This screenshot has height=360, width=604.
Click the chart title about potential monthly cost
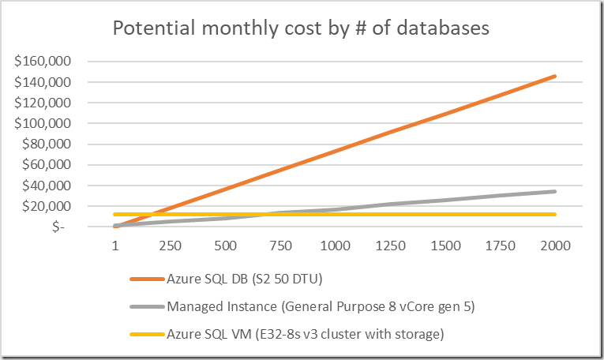tap(301, 28)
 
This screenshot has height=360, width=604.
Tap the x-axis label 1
tap(115, 246)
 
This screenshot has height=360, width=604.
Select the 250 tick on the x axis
tap(170, 246)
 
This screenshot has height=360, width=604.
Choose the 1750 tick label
tap(501, 246)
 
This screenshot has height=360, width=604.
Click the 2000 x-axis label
tap(556, 246)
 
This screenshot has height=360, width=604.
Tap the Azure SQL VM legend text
tap(305, 334)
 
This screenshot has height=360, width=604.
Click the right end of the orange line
tap(555, 76)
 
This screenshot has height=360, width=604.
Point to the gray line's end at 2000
tap(555, 191)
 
